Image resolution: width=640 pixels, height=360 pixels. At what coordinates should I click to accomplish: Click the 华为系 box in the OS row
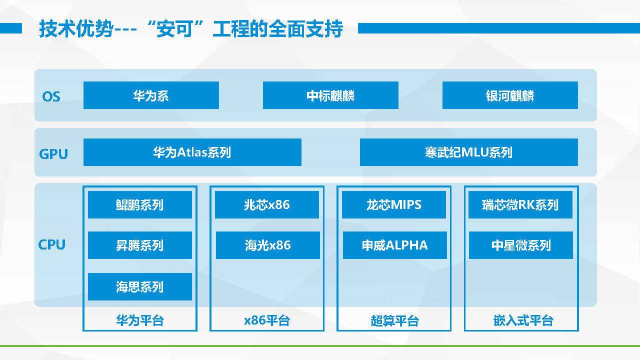pos(151,95)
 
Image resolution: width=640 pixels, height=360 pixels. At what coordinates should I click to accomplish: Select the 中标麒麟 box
pos(330,95)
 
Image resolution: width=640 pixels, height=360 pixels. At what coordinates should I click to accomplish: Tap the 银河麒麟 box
pos(510,95)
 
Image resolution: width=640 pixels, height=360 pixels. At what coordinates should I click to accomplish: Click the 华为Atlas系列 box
pos(192,152)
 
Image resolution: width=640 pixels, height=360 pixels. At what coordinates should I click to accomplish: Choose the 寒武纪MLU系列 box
pos(469,152)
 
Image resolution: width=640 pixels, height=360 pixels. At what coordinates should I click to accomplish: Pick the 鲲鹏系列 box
pos(140,205)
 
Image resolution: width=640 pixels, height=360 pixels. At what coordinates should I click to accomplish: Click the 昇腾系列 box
pos(140,245)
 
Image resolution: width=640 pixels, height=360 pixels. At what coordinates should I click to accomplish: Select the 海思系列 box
pos(140,287)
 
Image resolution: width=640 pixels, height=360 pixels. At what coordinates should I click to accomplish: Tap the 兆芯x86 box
pos(267,205)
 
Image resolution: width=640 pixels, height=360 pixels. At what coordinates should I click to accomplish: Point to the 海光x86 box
pos(268,245)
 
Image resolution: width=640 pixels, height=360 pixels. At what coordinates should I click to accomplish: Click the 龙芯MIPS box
pos(394,205)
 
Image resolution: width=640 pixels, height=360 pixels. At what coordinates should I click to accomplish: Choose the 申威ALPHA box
pos(395,245)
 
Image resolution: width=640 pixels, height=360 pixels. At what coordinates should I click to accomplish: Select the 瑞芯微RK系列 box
pos(520,205)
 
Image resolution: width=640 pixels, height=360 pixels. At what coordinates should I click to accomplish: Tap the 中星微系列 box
pos(521,245)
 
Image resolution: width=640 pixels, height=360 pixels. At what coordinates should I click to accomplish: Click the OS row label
pos(51,96)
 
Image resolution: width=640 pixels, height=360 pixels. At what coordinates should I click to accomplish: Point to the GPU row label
pos(53,154)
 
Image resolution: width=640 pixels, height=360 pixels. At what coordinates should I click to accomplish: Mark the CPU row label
pos(51,244)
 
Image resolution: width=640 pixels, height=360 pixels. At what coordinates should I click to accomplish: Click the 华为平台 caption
pos(140,320)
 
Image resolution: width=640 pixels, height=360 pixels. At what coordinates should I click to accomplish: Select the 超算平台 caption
pos(395,321)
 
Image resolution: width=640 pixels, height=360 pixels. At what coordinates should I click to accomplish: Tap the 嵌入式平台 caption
pos(523,320)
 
